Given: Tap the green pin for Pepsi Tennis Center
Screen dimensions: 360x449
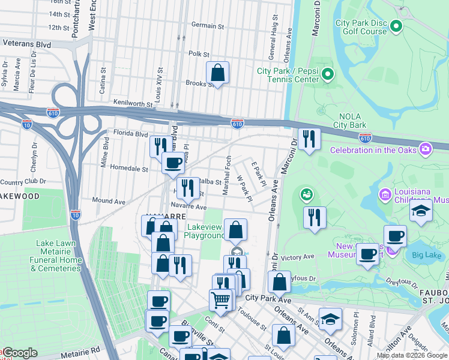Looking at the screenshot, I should click(x=327, y=74).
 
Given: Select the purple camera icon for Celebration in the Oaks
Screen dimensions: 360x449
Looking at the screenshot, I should click(x=426, y=149).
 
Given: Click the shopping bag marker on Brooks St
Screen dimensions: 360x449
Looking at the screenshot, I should click(x=217, y=73).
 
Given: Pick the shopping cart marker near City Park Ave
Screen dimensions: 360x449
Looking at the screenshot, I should click(x=220, y=300).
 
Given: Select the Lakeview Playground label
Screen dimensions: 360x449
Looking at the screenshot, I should click(x=206, y=231).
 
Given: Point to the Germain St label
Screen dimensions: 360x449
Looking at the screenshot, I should click(x=207, y=26).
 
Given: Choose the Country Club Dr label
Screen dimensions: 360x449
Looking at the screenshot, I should click(x=23, y=181).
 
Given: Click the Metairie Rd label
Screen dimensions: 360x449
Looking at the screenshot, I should click(x=78, y=347).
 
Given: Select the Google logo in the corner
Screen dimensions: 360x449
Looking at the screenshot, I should click(x=19, y=353).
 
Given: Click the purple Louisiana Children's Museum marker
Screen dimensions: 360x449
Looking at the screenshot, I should click(x=385, y=194).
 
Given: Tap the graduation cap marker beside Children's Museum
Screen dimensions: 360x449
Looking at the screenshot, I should click(x=420, y=212).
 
